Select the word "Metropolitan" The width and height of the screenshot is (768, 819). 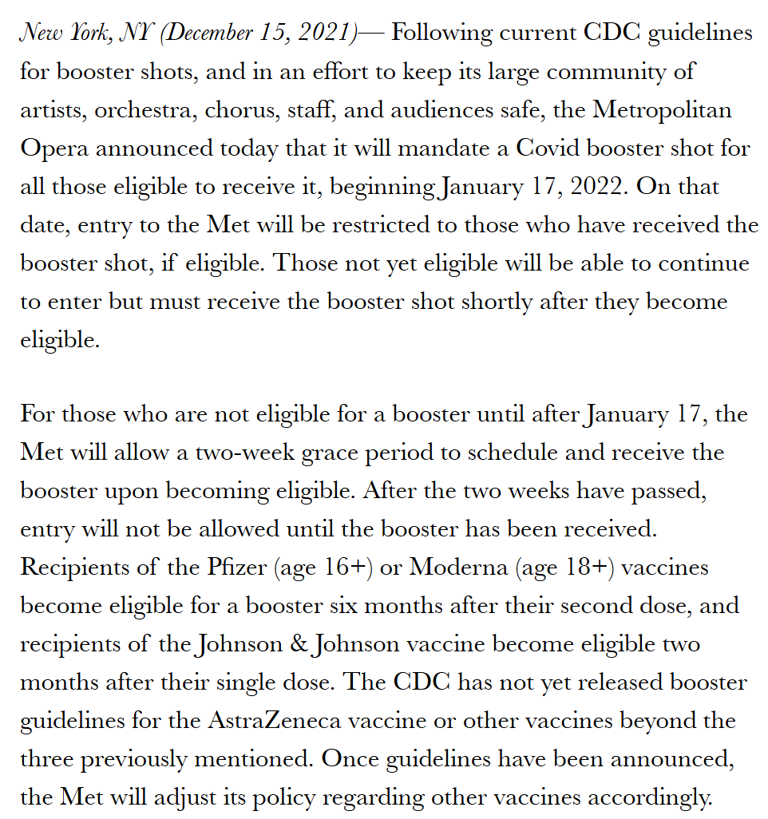click(662, 110)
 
